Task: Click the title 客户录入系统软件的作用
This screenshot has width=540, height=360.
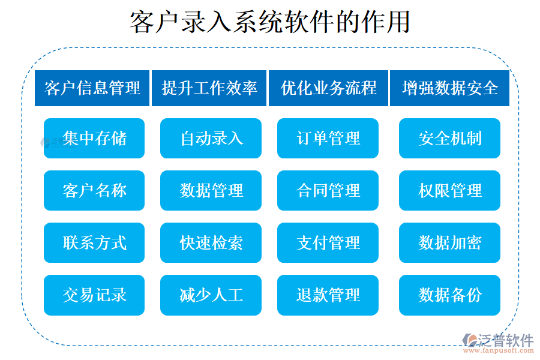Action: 270,22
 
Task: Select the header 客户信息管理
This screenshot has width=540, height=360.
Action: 92,88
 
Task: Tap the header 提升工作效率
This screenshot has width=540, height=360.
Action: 209,88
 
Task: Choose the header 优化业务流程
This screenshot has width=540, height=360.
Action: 328,88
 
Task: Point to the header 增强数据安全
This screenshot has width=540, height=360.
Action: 449,88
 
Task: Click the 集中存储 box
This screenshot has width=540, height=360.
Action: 94,139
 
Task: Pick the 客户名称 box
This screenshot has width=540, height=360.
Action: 94,191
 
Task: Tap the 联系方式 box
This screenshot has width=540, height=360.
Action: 94,243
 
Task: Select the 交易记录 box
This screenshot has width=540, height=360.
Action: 94,295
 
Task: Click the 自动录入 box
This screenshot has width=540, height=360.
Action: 211,139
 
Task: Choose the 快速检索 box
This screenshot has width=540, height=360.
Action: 211,243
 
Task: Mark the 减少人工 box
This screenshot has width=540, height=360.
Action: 211,295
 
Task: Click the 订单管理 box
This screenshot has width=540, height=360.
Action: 328,139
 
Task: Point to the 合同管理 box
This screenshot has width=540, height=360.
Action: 328,191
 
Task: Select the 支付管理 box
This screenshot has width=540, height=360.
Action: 328,243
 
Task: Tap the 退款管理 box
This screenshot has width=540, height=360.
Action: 328,295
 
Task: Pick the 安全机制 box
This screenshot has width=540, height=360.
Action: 449,139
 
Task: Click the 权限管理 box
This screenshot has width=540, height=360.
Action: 449,191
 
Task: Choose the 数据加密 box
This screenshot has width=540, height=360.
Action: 449,243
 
